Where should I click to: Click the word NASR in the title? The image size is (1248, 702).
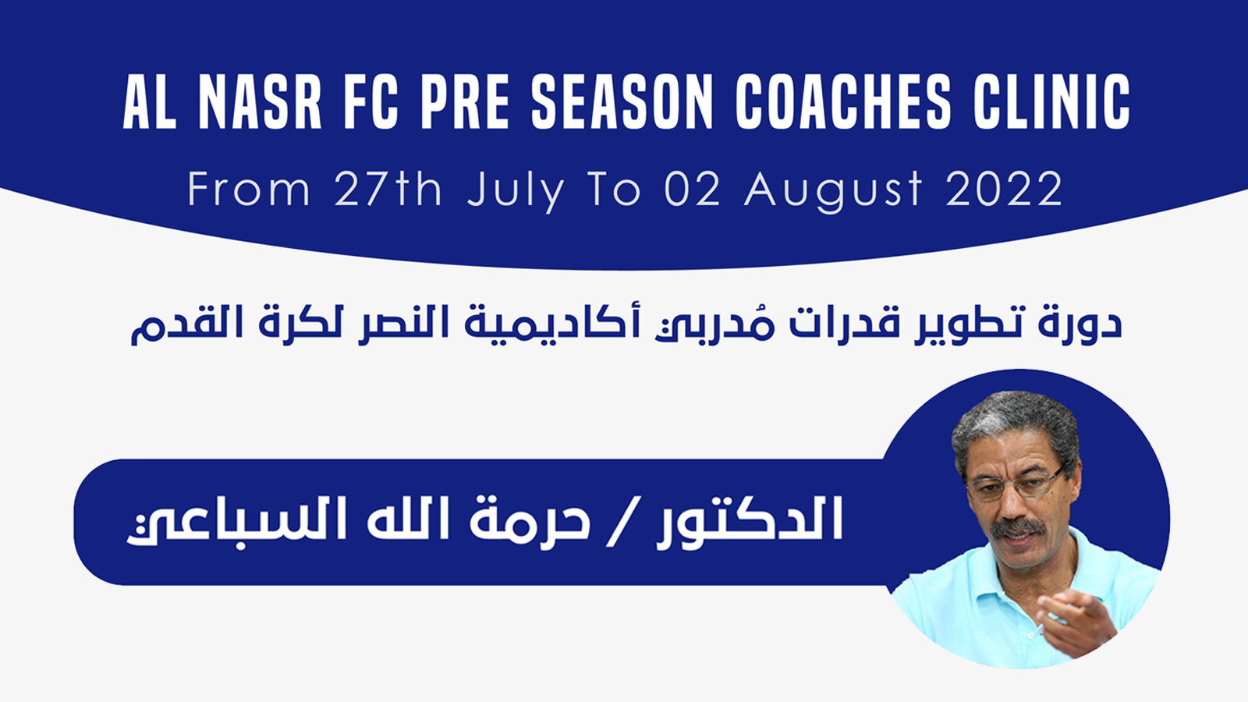(x=261, y=103)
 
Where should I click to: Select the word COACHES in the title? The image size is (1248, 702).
(x=843, y=103)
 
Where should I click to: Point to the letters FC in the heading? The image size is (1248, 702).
(x=371, y=103)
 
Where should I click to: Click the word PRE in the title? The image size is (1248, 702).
(x=465, y=103)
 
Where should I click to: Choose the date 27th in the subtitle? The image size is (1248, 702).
(x=388, y=189)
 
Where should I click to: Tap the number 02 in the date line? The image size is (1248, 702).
(x=693, y=190)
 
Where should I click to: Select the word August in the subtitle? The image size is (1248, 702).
(x=834, y=192)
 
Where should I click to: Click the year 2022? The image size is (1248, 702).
(x=1005, y=190)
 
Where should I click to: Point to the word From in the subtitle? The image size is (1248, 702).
(x=249, y=190)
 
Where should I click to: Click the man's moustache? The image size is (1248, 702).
(x=1019, y=527)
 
